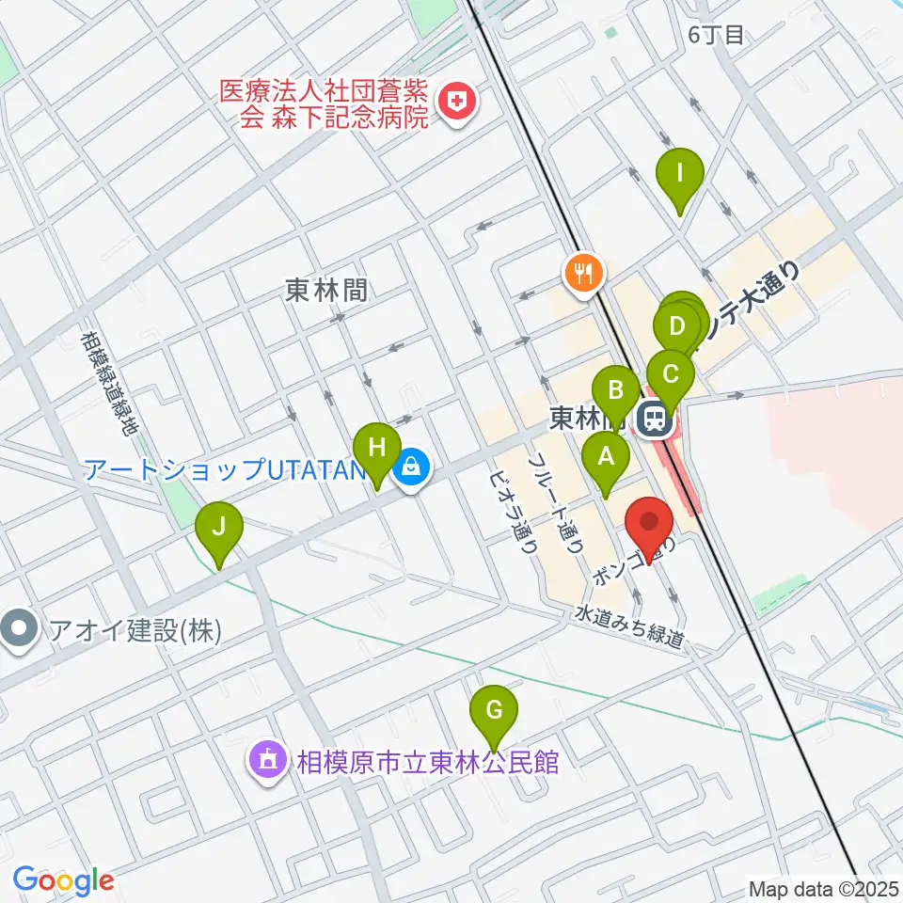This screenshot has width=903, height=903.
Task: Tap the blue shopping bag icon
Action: (x=412, y=467)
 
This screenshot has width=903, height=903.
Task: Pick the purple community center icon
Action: (x=267, y=760)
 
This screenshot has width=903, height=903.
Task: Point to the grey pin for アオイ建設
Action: (x=20, y=627)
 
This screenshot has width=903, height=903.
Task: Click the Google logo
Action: (x=63, y=880)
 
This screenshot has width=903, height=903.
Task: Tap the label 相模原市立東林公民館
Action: (x=429, y=761)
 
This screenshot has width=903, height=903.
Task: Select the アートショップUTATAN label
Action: (x=224, y=467)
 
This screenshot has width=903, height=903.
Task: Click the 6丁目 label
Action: (x=716, y=36)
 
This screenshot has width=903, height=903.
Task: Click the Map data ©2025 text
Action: (x=822, y=888)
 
